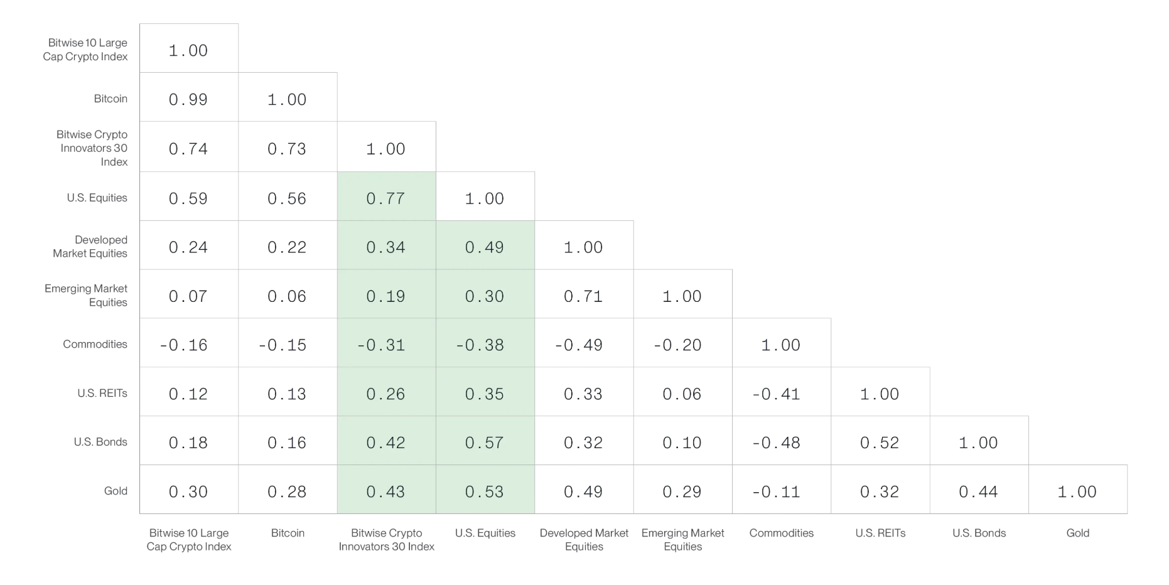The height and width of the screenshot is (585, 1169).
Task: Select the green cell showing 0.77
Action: (386, 196)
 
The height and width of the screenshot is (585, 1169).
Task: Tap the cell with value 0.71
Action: (584, 294)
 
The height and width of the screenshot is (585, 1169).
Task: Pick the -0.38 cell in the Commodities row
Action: (485, 343)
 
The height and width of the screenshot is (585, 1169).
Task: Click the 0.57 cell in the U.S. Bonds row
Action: (485, 441)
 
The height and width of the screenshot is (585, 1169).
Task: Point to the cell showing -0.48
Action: (782, 441)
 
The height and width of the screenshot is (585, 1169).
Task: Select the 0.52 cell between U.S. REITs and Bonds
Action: (880, 441)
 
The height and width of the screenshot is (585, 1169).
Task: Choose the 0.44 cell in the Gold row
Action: (979, 490)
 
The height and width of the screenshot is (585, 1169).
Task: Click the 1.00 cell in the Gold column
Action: (1078, 490)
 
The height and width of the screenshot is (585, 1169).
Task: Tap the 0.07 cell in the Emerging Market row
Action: (188, 294)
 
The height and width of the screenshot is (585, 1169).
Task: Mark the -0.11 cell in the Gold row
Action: (782, 490)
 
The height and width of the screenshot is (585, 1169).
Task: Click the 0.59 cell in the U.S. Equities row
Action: (188, 196)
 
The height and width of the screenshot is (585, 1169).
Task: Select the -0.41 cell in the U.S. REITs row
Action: (782, 392)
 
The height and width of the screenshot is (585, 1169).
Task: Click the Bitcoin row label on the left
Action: (110, 99)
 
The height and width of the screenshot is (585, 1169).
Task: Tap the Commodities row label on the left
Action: (95, 344)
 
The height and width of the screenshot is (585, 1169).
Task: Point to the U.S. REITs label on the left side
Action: (102, 393)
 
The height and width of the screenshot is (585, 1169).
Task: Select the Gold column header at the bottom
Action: (1078, 533)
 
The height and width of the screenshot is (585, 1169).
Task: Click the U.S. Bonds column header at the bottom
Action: (979, 533)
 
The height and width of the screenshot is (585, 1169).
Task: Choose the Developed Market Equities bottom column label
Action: (584, 540)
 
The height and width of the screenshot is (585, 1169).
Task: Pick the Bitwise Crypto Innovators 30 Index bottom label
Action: (386, 540)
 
